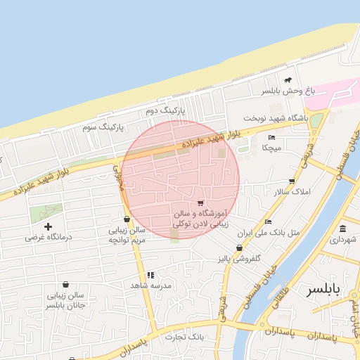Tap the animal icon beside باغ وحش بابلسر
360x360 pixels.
(x=288, y=80)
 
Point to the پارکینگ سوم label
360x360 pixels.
(x=103, y=127)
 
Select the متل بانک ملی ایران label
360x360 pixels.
(x=269, y=232)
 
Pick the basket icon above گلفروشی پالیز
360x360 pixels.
(x=240, y=247)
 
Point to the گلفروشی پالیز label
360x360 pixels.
(x=238, y=259)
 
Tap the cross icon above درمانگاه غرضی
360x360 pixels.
(x=49, y=226)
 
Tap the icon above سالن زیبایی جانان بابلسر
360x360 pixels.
(x=65, y=285)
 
